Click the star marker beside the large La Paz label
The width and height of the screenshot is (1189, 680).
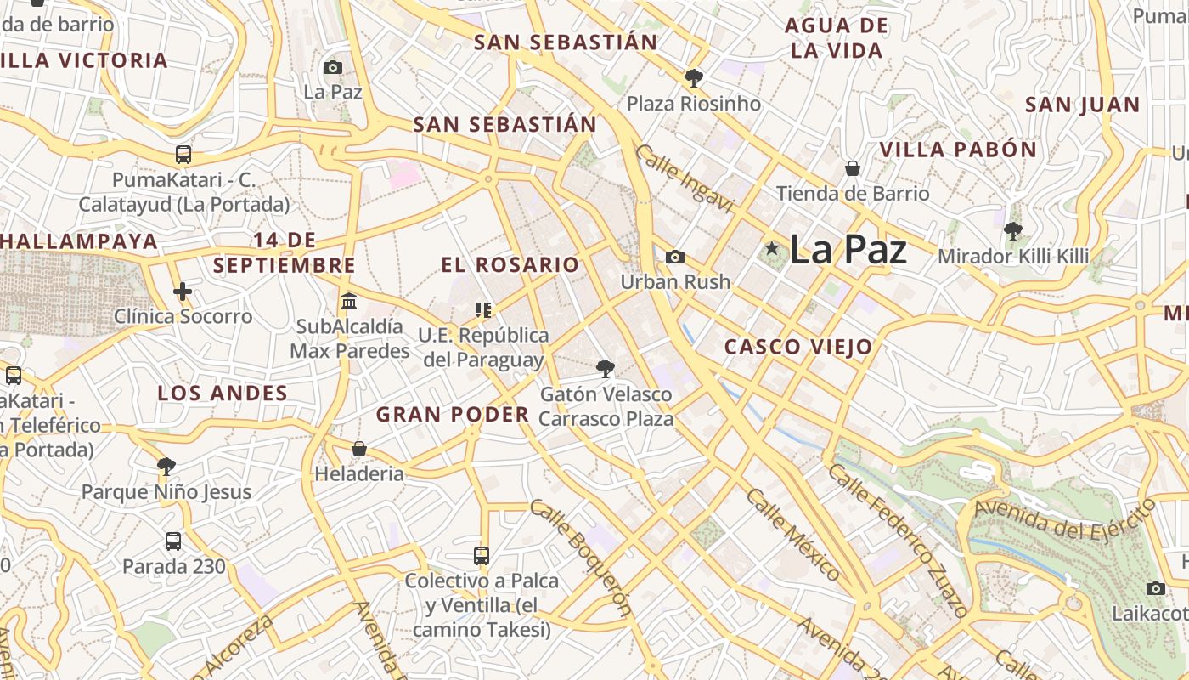pyautogui.click(x=771, y=248)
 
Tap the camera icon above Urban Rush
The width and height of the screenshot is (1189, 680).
pyautogui.click(x=675, y=257)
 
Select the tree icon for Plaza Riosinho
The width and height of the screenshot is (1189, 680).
pyautogui.click(x=694, y=78)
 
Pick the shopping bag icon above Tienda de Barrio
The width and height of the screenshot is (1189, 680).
pyautogui.click(x=852, y=168)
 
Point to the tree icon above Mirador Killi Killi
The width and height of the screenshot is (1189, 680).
pyautogui.click(x=1012, y=230)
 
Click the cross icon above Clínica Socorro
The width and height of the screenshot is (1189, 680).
pyautogui.click(x=183, y=292)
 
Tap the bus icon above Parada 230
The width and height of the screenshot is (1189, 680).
pyautogui.click(x=173, y=541)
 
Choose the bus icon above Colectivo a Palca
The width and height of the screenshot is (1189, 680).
pyautogui.click(x=482, y=556)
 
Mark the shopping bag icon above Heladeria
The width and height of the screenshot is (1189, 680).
pyautogui.click(x=359, y=448)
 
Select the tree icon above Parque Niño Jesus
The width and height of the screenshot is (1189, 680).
pyautogui.click(x=166, y=466)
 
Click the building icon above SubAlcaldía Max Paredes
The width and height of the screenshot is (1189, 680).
pyautogui.click(x=348, y=302)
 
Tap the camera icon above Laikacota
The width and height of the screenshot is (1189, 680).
pyautogui.click(x=1155, y=588)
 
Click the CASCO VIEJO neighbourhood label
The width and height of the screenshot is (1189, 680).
pyautogui.click(x=797, y=347)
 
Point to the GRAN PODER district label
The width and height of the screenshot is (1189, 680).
pyautogui.click(x=453, y=415)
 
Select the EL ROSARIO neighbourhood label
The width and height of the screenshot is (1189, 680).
pyautogui.click(x=510, y=264)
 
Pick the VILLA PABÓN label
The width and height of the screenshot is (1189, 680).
pyautogui.click(x=957, y=150)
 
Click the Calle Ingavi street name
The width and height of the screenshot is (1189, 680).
pyautogui.click(x=684, y=178)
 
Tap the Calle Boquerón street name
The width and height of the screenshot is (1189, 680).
pyautogui.click(x=582, y=556)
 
